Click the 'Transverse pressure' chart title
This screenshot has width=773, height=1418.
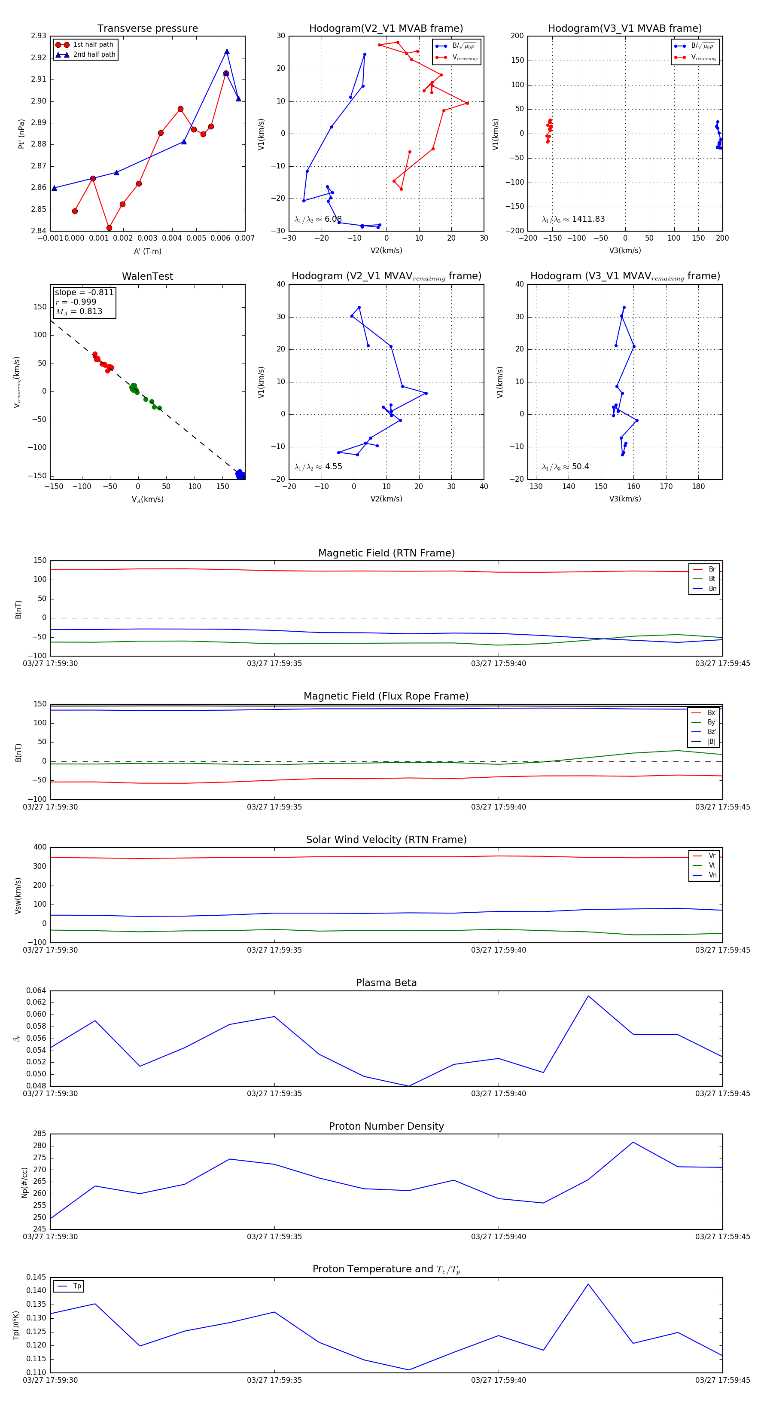[x=147, y=29]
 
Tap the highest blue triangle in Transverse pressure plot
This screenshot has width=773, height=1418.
[x=227, y=52]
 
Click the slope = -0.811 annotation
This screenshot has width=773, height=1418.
[x=84, y=292]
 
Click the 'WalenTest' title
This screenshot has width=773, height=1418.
[x=147, y=276]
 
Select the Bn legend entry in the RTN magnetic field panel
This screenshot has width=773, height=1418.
[x=712, y=588]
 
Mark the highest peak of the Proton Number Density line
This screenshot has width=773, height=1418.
[x=633, y=1142]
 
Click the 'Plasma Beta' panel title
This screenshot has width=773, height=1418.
[x=386, y=983]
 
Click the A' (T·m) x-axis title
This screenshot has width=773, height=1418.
[x=147, y=251]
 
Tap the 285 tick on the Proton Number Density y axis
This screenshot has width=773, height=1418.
[x=40, y=1134]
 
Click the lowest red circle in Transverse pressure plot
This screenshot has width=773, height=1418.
[x=109, y=228]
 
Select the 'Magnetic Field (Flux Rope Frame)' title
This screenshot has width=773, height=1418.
[x=386, y=697]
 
